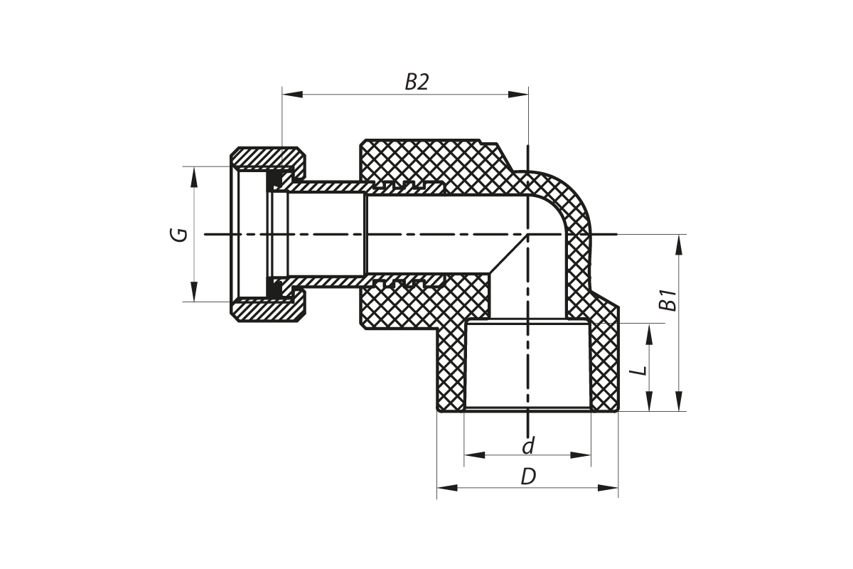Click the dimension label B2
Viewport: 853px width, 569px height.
417,83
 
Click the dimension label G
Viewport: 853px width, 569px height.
181,234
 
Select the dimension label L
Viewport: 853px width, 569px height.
639,370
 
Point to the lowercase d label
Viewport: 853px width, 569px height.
527,446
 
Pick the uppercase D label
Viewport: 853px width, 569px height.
527,477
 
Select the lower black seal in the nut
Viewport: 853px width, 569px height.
274,287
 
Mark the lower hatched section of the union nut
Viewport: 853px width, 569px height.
267,311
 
